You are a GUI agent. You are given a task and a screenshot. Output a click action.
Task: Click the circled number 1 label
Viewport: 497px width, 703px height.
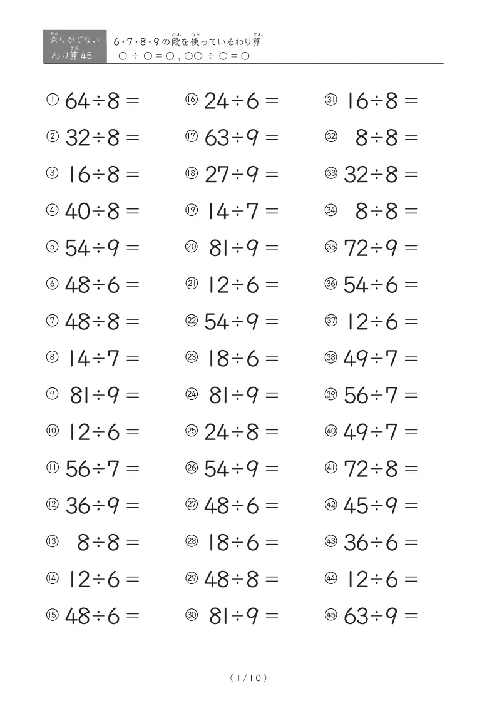coord(53,100)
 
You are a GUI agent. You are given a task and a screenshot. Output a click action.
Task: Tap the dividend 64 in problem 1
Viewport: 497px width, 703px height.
coord(78,101)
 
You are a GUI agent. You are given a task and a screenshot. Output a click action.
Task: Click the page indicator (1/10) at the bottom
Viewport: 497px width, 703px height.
coord(248,677)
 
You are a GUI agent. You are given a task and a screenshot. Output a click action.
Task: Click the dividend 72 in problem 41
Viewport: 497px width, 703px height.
coord(357,469)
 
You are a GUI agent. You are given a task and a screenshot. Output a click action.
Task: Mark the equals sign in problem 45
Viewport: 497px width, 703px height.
coord(411,617)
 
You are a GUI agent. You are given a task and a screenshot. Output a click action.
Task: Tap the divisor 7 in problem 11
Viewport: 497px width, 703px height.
coord(113,469)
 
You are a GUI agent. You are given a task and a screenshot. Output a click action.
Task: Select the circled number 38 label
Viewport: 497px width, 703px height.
coord(331,357)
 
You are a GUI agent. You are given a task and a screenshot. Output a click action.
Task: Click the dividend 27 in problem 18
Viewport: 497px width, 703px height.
coord(218,175)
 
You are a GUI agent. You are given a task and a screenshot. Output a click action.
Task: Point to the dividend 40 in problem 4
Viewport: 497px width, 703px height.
coord(78,212)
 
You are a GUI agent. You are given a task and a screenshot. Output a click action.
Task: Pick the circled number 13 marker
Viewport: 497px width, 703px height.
coord(53,541)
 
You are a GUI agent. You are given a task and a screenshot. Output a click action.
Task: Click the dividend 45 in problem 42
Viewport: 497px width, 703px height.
coord(357,506)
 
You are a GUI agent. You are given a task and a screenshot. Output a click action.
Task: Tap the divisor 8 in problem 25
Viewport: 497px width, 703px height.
coord(253,432)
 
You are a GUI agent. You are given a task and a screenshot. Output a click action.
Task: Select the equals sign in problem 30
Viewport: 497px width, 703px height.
coord(272,617)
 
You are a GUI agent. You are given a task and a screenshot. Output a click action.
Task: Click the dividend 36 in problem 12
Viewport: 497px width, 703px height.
coord(78,506)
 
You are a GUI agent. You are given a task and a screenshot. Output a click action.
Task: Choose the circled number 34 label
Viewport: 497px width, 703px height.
coord(331,210)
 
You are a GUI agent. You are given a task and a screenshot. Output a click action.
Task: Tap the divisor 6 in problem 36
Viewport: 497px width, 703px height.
coord(392,285)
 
